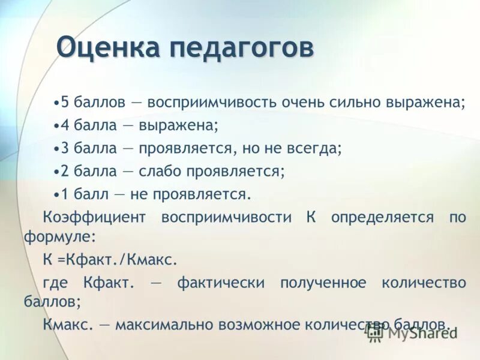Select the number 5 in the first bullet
(65, 102)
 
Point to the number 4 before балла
(65, 125)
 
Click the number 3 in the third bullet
(65, 148)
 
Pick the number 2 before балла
(65, 171)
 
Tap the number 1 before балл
(65, 194)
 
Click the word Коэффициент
(94, 217)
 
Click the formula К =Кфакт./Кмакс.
(110, 259)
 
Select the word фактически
(220, 283)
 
